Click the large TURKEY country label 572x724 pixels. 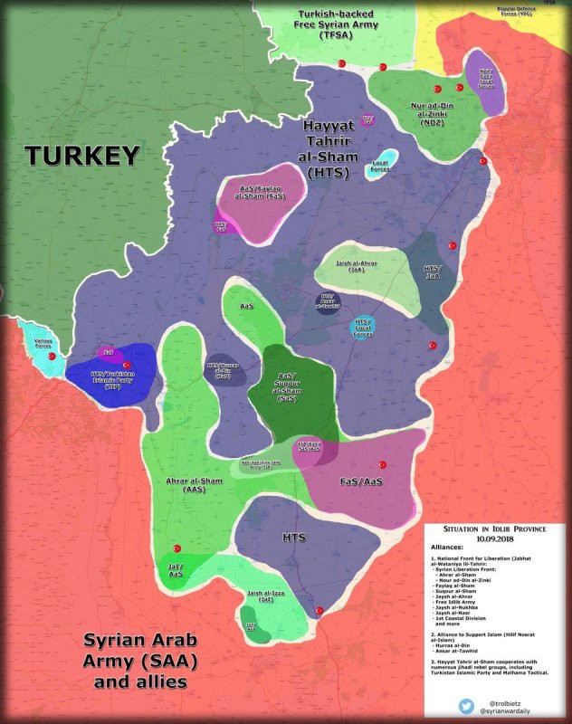pos(82,156)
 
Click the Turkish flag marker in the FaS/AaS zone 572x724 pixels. pos(383,461)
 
